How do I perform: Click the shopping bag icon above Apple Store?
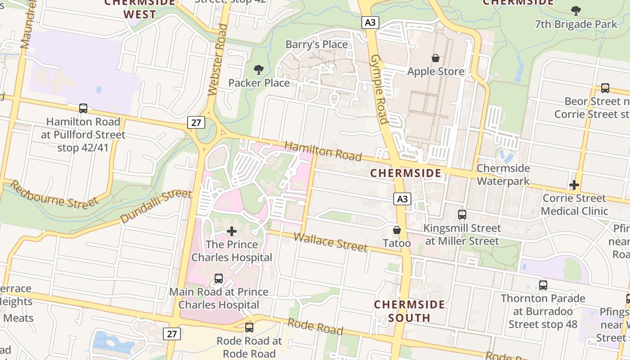(436, 58)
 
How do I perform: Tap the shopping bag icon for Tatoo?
(397, 230)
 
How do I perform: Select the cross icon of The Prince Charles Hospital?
(232, 231)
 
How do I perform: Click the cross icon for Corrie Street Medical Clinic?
(574, 184)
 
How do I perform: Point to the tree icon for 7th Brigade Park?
(576, 11)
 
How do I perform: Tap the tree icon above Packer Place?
(259, 69)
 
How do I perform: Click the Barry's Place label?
(317, 45)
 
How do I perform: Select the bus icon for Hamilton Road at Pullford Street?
(83, 108)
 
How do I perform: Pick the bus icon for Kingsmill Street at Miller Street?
(462, 214)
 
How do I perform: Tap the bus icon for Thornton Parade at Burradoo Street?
(543, 285)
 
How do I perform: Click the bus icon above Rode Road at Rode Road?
(249, 327)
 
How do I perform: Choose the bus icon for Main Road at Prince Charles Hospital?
(219, 278)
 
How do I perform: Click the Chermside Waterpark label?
(503, 175)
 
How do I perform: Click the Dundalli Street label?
(156, 206)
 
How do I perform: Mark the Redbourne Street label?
(54, 194)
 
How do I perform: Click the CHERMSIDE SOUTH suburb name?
(409, 311)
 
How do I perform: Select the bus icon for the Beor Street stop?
(605, 88)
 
